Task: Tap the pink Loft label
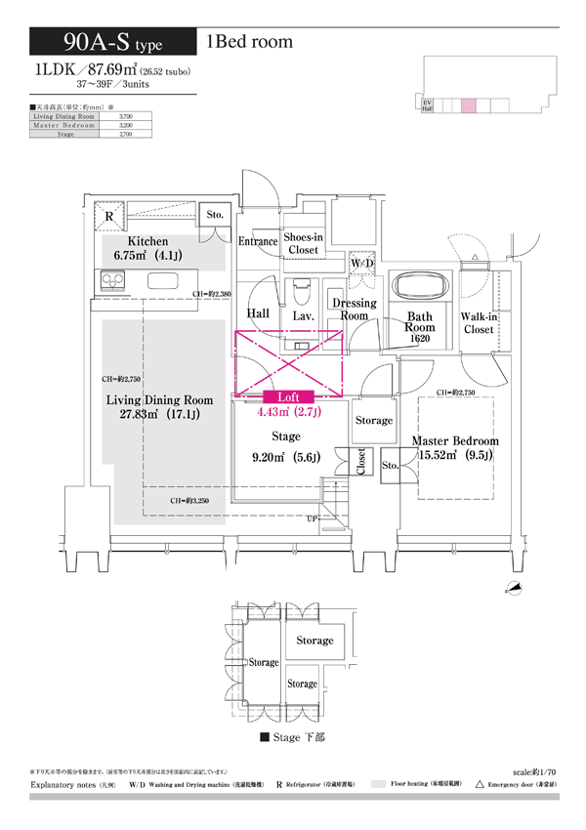pos(288,396)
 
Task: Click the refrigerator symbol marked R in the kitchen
pos(109,217)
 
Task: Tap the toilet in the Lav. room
pos(302,290)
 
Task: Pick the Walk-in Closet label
pos(479,323)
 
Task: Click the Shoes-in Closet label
pos(303,243)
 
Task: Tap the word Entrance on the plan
pos(258,241)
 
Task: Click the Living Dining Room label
pos(159,400)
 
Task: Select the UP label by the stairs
pos(312,519)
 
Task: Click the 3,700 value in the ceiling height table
pos(125,117)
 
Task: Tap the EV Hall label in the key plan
pos(427,105)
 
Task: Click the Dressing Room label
pos(354,310)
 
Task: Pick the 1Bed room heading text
pos(249,42)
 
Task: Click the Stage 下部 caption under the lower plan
pos(293,738)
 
